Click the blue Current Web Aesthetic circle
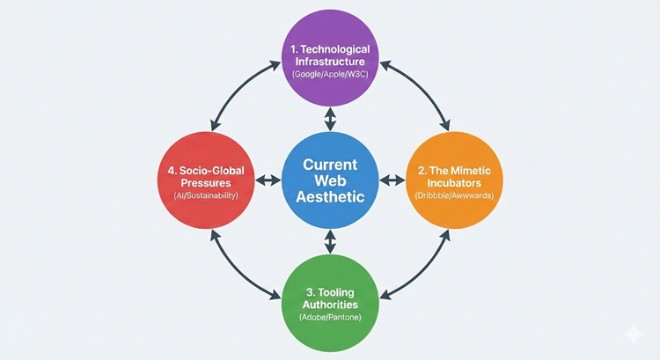330,180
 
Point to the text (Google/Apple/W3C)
330,77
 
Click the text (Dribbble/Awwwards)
454,195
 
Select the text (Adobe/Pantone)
330,313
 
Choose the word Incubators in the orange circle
454,180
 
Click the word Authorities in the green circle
330,298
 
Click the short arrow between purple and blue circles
330,119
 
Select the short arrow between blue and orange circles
392,180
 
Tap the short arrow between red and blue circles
267,180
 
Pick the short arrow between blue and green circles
330,240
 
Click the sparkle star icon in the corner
633,334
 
